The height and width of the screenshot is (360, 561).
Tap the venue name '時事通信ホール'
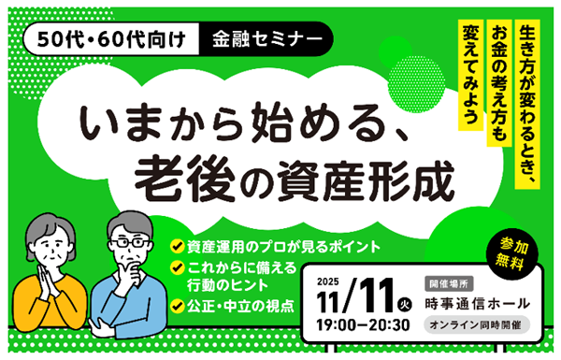pos(478,303)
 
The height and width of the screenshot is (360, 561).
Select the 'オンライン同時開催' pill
pos(477,325)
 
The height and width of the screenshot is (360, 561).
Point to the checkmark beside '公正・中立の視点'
pos(176,305)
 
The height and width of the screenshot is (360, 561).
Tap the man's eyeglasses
pos(130,242)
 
